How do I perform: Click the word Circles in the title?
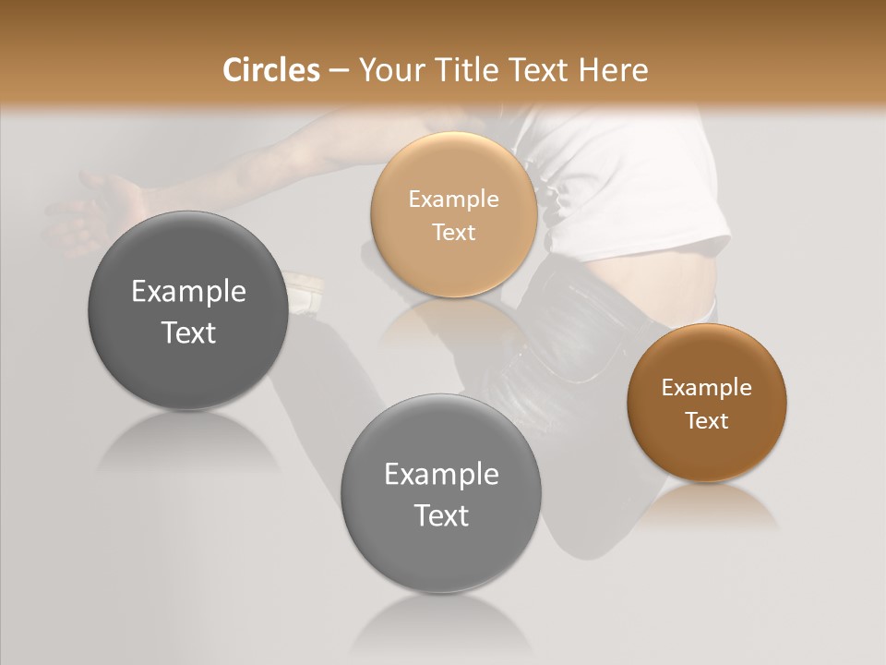coord(270,70)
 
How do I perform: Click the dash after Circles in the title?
coord(338,71)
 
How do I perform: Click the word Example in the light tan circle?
coord(453,199)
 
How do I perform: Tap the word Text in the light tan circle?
coord(453,233)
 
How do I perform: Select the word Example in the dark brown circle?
coord(706,388)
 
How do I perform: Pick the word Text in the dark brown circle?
coord(706,421)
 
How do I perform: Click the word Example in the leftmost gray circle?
coord(188,292)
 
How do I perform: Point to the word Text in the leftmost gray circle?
coord(188,332)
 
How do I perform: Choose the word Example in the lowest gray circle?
coord(441,475)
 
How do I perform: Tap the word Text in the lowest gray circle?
coord(441,515)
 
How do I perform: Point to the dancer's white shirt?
coord(628,175)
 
